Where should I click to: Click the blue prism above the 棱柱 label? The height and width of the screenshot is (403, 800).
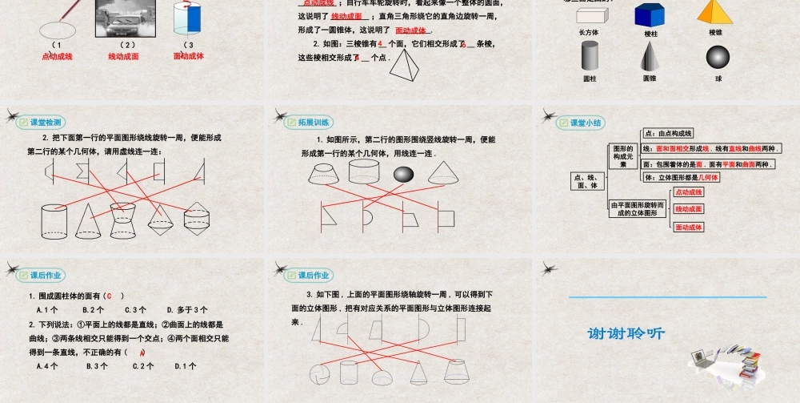click(650, 14)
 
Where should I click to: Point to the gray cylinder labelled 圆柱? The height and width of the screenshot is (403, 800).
click(590, 56)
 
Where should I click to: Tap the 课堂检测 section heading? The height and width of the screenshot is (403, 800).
click(45, 123)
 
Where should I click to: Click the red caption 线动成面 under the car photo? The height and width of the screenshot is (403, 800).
click(124, 56)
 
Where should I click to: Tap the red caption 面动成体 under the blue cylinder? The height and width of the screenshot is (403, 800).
click(189, 56)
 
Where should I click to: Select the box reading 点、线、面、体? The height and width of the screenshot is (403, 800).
click(586, 181)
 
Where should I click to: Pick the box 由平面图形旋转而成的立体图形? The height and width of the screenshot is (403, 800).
click(637, 208)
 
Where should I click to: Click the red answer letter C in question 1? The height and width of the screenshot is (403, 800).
click(109, 296)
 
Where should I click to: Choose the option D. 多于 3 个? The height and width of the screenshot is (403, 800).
click(187, 309)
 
